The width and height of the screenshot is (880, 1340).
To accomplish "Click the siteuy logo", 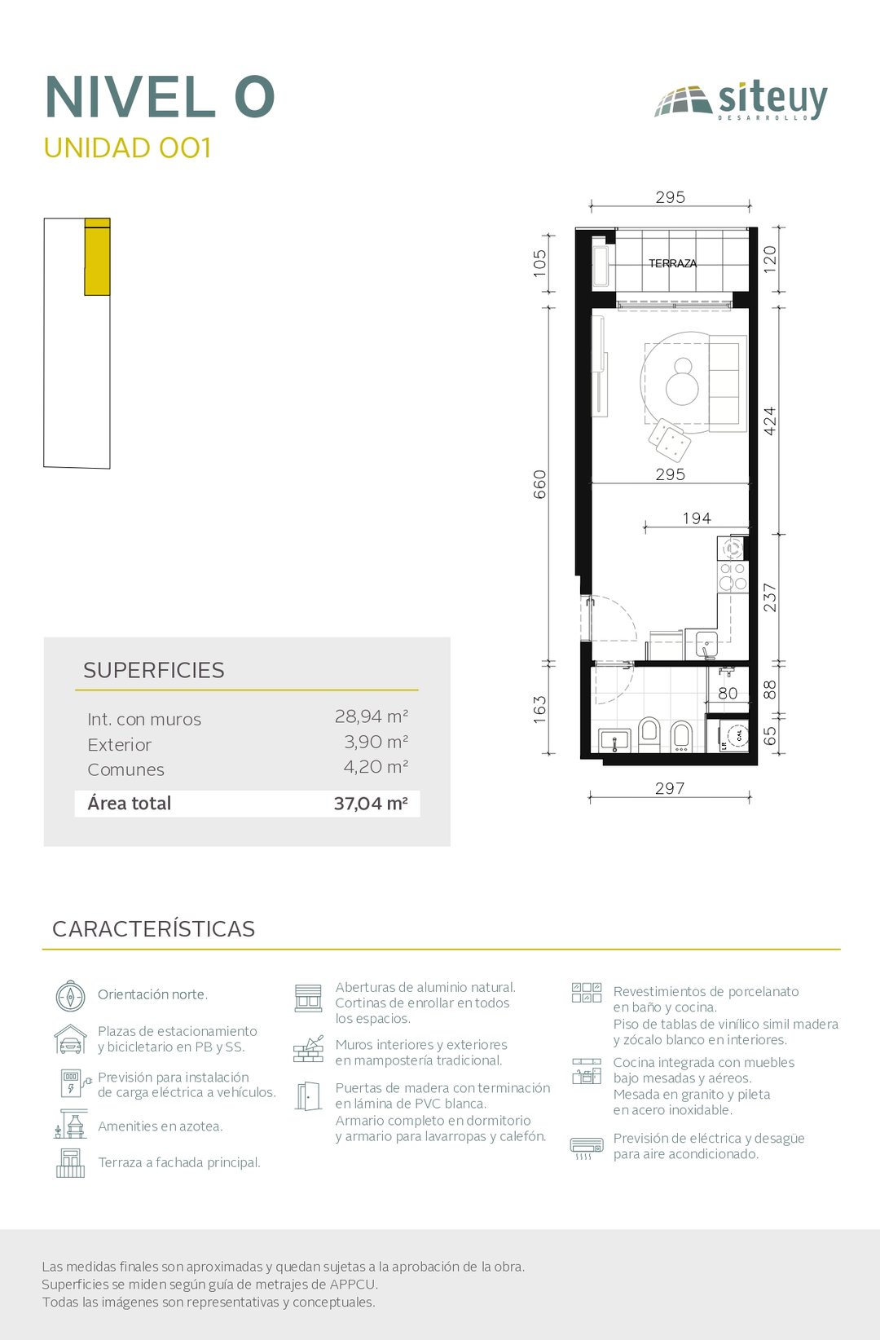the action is (x=741, y=100).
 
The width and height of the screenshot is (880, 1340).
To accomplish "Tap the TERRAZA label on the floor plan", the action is (x=672, y=263).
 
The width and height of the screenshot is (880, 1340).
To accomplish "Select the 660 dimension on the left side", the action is (x=540, y=484).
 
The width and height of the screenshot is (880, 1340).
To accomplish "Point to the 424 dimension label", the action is (x=770, y=421).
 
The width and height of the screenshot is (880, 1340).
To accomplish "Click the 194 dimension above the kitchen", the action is (x=697, y=518).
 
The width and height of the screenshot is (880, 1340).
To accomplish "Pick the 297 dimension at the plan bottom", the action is (x=670, y=788).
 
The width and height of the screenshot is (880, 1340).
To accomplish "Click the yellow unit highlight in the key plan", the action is (x=97, y=258).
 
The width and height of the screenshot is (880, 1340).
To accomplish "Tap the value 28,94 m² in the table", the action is (x=372, y=716).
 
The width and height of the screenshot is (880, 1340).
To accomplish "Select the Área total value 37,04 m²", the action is (x=371, y=804).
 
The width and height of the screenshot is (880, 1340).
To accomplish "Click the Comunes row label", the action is (x=125, y=770).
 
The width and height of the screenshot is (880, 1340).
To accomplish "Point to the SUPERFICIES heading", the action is (x=154, y=671).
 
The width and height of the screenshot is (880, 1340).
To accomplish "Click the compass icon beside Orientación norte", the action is (x=71, y=996).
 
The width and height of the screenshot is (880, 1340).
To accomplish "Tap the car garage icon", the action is (x=70, y=1038).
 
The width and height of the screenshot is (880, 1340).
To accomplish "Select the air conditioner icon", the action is (x=587, y=1147).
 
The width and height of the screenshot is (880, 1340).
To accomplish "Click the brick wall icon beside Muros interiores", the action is (x=309, y=1049).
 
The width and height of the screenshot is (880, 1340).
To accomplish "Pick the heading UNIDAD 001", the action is (x=127, y=148).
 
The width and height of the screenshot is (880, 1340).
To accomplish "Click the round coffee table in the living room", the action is (x=682, y=381).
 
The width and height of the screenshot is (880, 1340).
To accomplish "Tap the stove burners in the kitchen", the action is (x=733, y=576).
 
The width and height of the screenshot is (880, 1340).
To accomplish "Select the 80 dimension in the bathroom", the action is (x=728, y=694).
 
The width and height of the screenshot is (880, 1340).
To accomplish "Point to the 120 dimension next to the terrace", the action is (x=770, y=260).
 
